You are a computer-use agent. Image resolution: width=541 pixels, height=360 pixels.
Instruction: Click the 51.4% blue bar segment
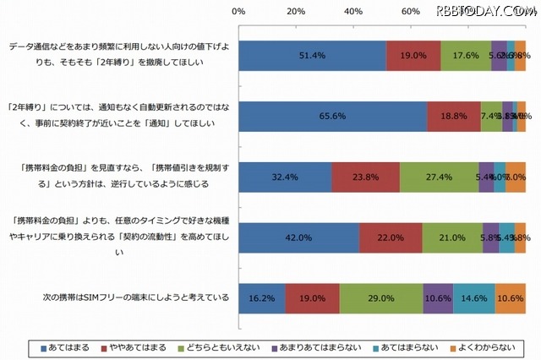(313, 56)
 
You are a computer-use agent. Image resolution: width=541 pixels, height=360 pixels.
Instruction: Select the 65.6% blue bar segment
(333, 116)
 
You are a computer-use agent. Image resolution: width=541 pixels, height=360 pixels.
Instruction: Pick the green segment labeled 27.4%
(439, 177)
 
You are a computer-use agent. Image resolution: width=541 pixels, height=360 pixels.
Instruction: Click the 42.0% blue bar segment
(299, 237)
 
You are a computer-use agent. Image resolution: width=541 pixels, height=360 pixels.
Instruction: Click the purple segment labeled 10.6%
(438, 298)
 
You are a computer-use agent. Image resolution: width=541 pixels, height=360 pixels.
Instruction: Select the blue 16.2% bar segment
(262, 298)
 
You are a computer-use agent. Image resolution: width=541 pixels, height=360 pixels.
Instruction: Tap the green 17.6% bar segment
(466, 56)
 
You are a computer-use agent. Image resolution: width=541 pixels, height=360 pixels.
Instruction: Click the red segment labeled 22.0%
(391, 237)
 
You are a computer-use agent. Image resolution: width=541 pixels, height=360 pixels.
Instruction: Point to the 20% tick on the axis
(296, 12)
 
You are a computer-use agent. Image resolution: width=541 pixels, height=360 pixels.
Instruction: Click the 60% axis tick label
(411, 12)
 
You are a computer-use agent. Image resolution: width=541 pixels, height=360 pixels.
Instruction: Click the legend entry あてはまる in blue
(63, 346)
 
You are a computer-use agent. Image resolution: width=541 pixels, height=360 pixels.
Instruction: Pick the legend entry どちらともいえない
(229, 346)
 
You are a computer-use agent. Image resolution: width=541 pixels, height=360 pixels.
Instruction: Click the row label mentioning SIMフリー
(135, 298)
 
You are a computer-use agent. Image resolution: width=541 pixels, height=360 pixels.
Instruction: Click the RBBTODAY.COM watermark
(485, 10)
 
